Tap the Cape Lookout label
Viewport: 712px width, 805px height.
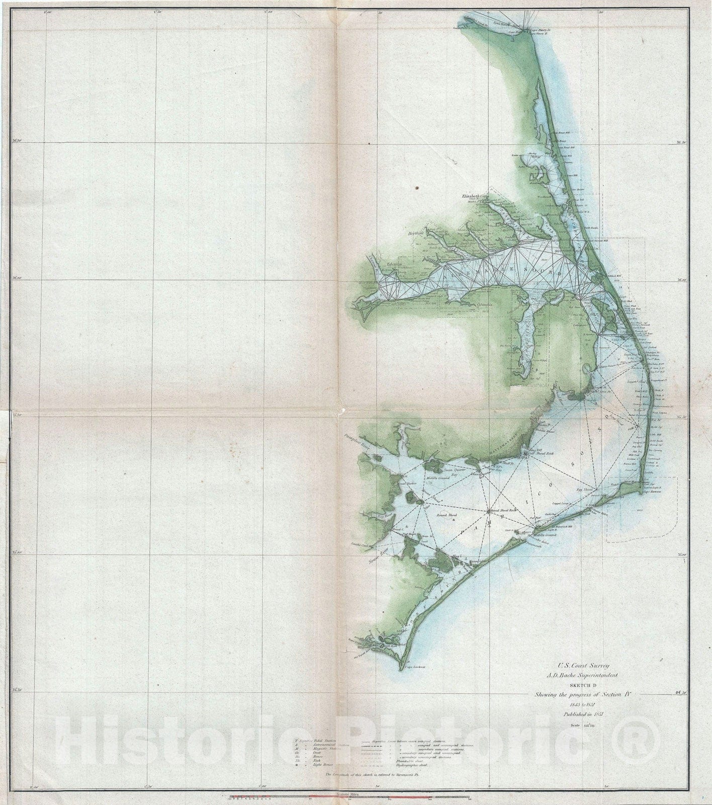coord(415,667)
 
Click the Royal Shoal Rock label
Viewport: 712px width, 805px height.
coord(503,510)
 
